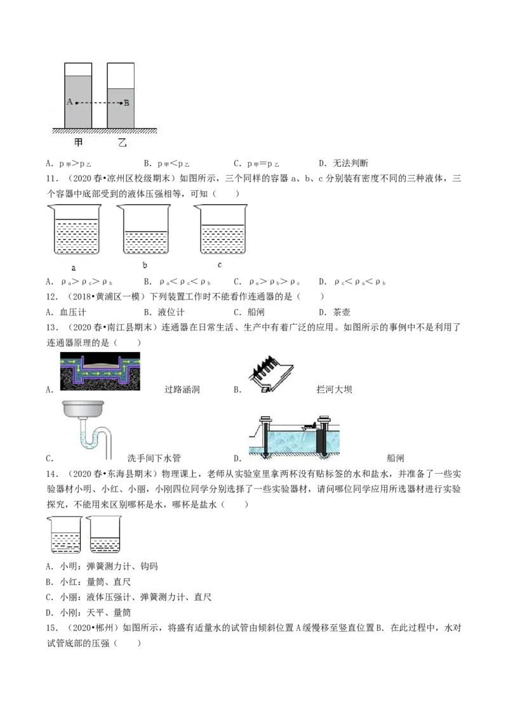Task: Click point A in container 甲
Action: click(76, 103)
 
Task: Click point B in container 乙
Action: click(121, 103)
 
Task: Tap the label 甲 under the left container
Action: click(78, 143)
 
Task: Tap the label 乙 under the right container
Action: click(122, 143)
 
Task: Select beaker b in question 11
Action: click(144, 229)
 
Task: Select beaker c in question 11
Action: click(221, 229)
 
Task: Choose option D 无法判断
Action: click(344, 163)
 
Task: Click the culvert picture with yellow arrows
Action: click(100, 371)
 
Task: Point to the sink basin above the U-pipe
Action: click(83, 409)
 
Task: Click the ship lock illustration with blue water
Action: click(294, 437)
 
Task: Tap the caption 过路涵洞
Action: click(182, 389)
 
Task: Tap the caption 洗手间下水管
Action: click(154, 459)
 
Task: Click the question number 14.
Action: click(52, 474)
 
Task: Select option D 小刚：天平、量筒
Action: click(88, 613)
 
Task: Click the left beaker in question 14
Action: click(65, 535)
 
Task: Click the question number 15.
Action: click(52, 628)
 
